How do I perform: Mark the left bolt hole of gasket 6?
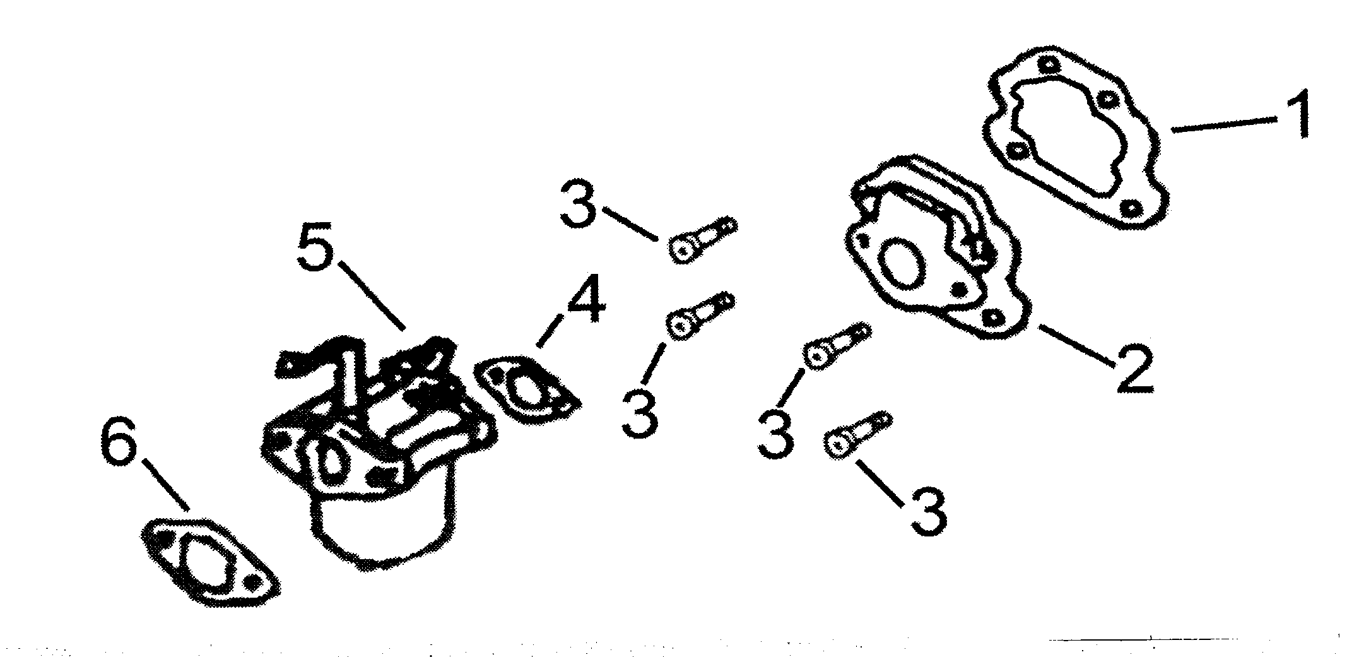(164, 538)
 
